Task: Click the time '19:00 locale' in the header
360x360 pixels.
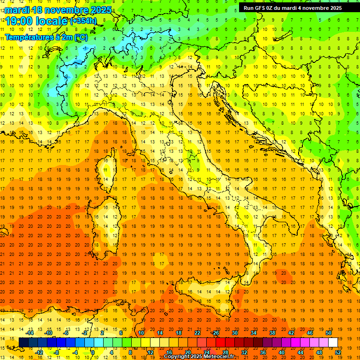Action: [x=37, y=21]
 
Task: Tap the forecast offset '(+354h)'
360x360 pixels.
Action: [x=83, y=21]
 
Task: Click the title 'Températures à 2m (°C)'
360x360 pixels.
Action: [x=46, y=37]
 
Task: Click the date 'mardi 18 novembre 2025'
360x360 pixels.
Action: [x=58, y=10]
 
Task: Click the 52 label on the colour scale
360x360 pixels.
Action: [x=338, y=352]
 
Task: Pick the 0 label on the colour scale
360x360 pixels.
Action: [x=93, y=352]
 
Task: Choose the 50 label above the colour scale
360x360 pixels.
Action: [x=329, y=332]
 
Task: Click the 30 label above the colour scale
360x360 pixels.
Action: [x=235, y=332]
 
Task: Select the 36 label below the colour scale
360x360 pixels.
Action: [x=263, y=352]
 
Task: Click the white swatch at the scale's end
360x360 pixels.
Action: [x=333, y=342]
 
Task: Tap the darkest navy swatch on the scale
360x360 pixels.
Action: [x=23, y=342]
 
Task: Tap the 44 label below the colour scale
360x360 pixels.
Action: [x=300, y=352]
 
